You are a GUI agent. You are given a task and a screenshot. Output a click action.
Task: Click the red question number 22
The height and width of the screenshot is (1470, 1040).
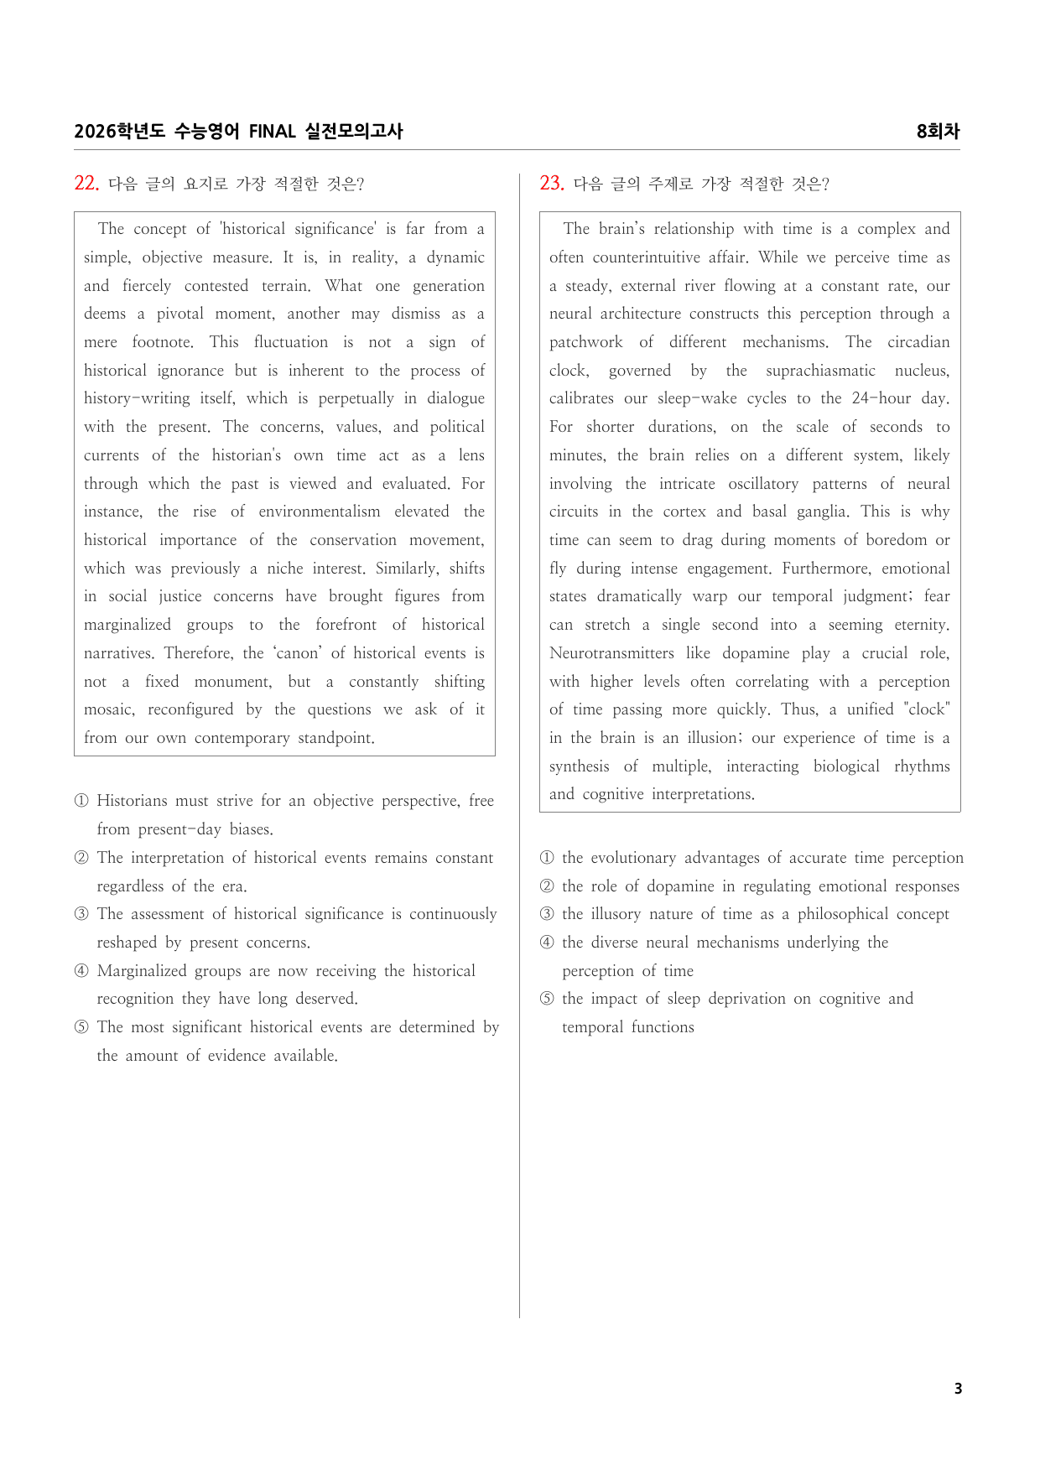point(86,184)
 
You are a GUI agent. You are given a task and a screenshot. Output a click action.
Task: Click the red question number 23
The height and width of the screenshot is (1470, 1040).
point(551,184)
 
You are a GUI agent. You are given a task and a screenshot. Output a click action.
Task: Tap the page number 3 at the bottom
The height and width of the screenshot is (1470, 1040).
point(958,1389)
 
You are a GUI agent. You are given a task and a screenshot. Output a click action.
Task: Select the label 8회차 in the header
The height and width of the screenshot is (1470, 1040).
point(938,132)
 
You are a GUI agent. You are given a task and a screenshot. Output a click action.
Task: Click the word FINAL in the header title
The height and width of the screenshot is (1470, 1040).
point(272,132)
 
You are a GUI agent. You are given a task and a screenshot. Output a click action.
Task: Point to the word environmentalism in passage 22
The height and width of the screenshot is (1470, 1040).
point(319,512)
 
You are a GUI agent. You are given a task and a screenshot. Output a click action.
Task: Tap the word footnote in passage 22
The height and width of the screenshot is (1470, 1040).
point(162,342)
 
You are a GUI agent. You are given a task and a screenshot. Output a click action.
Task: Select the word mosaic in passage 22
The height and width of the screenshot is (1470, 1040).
point(108,709)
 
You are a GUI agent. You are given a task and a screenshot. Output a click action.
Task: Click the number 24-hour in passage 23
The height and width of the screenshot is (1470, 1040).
point(881,398)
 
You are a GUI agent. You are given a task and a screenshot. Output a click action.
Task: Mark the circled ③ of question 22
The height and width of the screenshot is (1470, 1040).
point(81,914)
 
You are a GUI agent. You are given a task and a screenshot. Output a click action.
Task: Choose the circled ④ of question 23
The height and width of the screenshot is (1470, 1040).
point(547,943)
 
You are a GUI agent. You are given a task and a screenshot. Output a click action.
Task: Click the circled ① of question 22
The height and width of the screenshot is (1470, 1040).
point(81,801)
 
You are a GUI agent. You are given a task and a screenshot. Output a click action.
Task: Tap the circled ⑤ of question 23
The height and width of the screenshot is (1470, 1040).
point(547,999)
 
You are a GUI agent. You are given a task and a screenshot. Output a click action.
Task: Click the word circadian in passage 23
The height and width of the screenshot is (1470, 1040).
point(918,342)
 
